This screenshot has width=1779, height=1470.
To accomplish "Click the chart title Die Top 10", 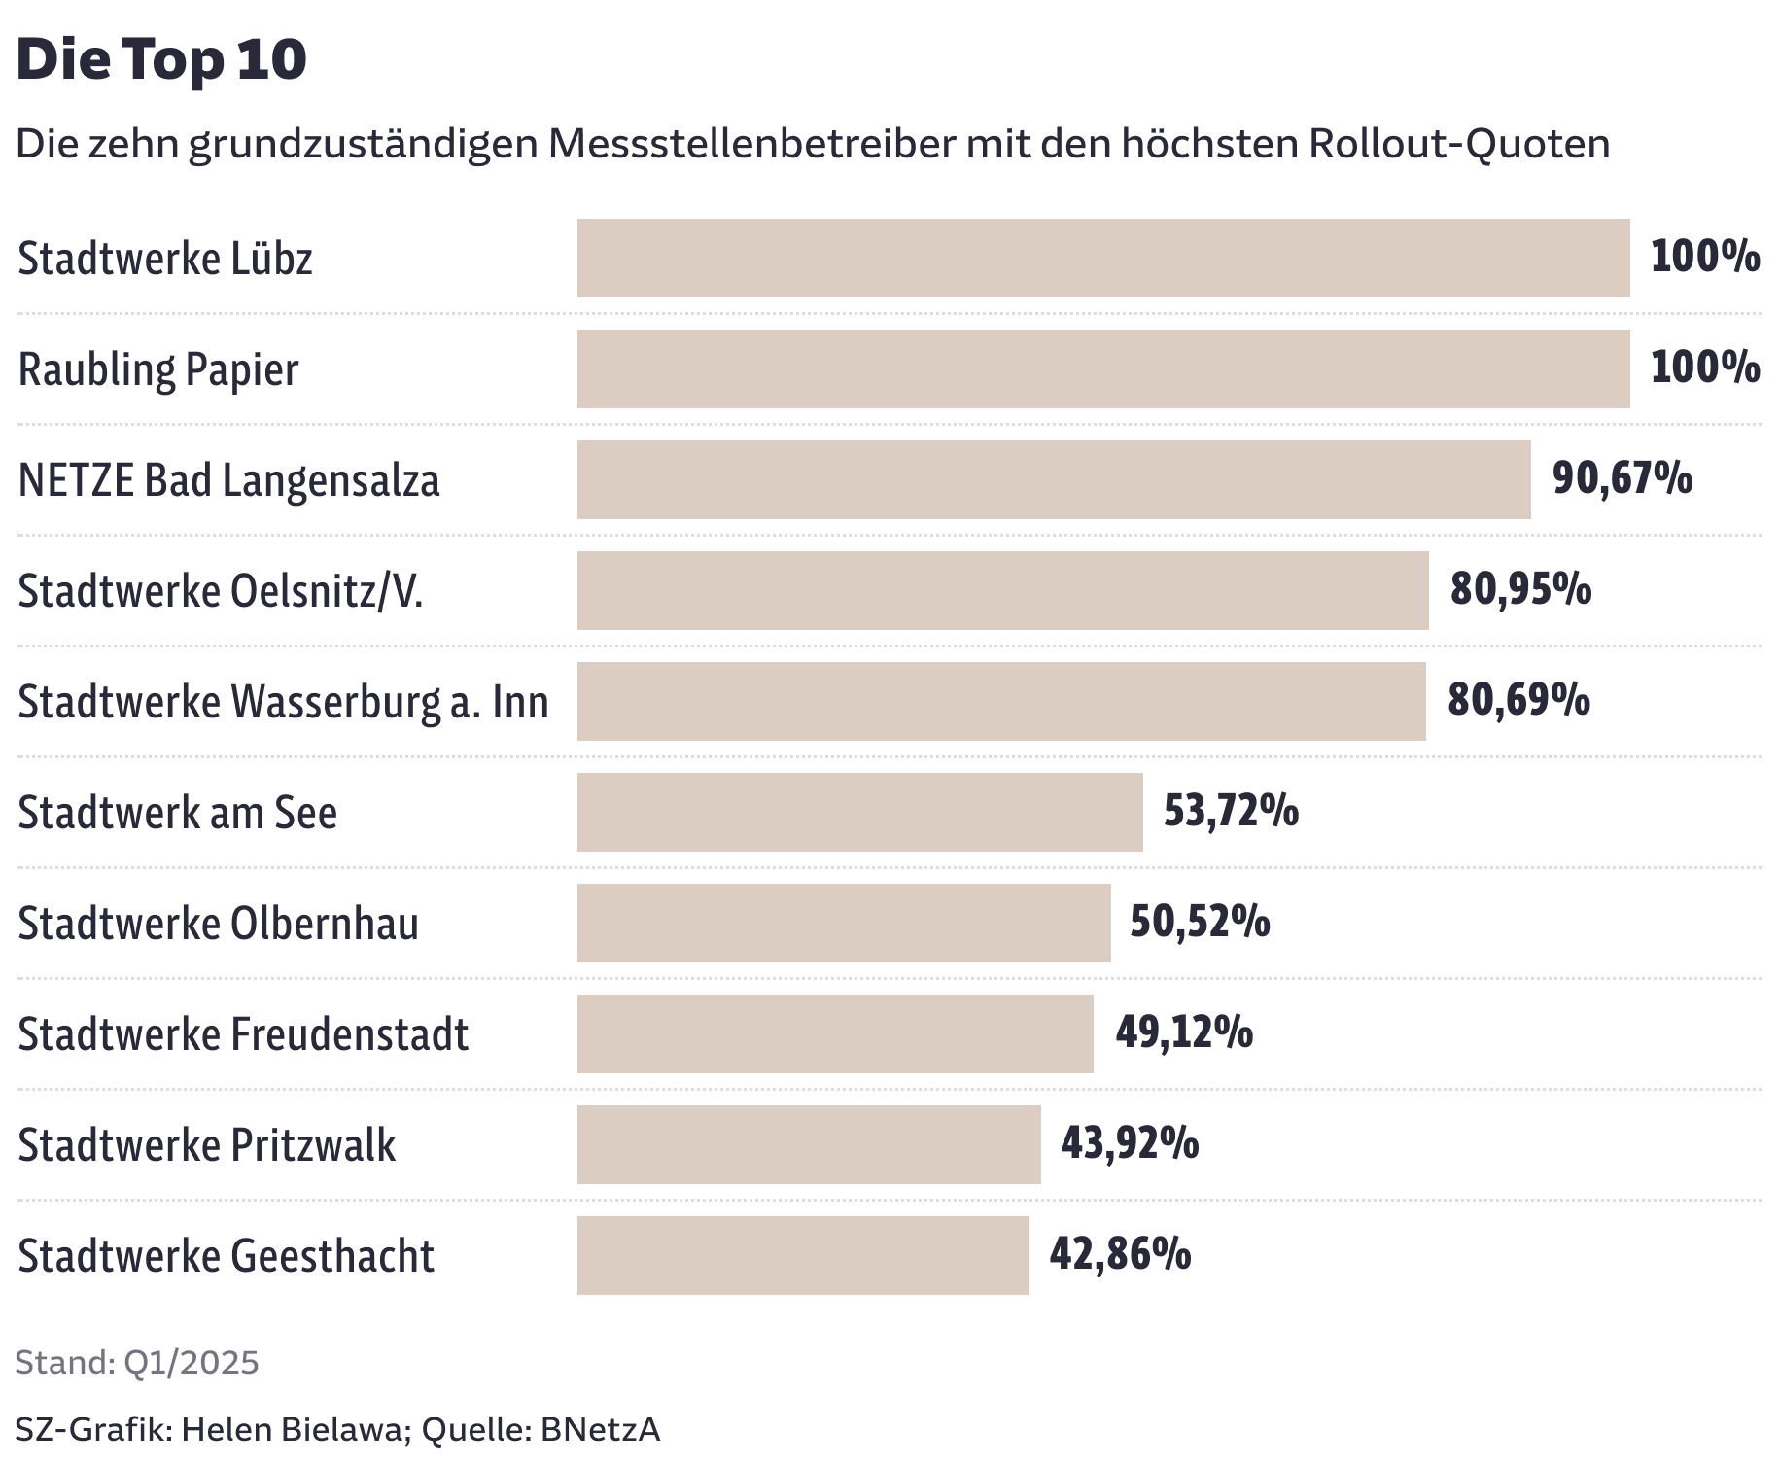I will pos(161,59).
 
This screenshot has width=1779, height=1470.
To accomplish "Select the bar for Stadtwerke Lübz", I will pos(1102,258).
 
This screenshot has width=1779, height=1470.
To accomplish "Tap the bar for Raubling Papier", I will pos(1102,368).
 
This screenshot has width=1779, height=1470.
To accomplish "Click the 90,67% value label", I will pos(1622,478).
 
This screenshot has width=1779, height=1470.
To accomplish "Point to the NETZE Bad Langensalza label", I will pos(228,480).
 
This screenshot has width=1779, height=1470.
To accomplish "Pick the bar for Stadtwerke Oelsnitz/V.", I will pos(1002,590).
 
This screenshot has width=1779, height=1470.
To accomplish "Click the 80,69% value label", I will pos(1518,700).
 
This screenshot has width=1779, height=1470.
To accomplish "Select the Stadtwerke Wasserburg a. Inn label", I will pos(283,702).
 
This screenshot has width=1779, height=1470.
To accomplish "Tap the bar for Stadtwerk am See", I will pos(859,812).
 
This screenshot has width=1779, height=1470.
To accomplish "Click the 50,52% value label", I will pos(1200,922).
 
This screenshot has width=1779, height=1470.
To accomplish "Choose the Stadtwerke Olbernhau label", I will pos(218,924).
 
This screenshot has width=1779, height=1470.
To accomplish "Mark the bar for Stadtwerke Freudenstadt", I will pos(834,1033).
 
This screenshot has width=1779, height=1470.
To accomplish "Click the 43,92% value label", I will pos(1130,1143).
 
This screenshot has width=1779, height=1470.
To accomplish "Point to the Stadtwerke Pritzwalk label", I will pos(206,1145).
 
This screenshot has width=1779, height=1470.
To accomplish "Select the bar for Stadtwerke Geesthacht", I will pos(802,1255).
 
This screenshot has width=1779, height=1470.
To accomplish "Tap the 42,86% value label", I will pos(1120,1254).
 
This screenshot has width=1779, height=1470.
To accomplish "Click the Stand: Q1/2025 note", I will pos(137,1363).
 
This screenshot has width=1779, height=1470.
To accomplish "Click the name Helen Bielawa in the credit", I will pos(292,1430).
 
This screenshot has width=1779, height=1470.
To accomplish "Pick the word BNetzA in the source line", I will pos(600,1430).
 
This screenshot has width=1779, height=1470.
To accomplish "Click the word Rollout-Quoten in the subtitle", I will pos(1459,144).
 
